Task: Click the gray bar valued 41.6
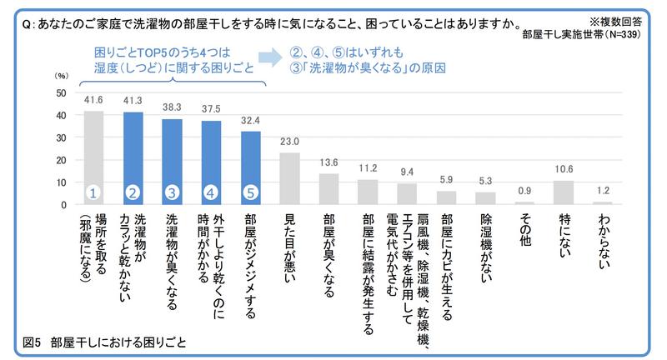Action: pos(94,157)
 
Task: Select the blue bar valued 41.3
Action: pos(133,158)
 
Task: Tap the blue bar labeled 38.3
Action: pos(172,162)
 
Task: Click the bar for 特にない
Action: pos(564,192)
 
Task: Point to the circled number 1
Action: pos(94,192)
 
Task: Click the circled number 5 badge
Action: pos(250,192)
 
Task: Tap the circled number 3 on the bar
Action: pos(172,192)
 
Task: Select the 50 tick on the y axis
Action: pos(61,92)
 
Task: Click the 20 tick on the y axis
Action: pos(61,160)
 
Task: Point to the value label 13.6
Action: pos(328,162)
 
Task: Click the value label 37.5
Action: pos(211,108)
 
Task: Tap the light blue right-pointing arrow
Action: pos(269,57)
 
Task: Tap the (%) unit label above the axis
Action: pos(61,76)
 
